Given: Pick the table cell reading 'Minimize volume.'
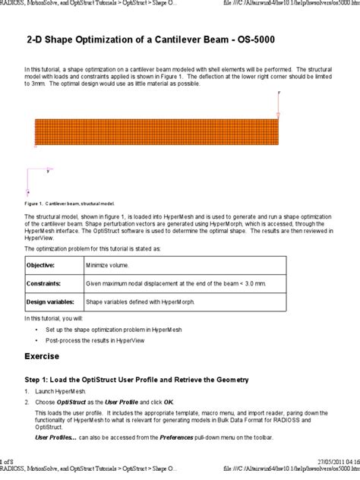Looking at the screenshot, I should coord(107,266).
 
